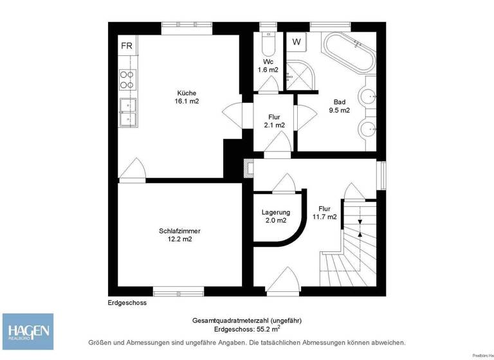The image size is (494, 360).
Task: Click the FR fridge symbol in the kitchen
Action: point(127,46)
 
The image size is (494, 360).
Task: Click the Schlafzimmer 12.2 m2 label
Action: point(176,235)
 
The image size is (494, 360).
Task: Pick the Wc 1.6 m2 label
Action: point(268,64)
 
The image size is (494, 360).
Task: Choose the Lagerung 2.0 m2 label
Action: point(275,217)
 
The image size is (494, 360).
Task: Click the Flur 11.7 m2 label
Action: point(324,213)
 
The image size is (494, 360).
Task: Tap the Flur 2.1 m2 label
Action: point(274,122)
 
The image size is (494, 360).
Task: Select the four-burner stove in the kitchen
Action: point(127,79)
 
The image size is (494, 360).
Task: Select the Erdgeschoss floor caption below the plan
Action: point(127,302)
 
